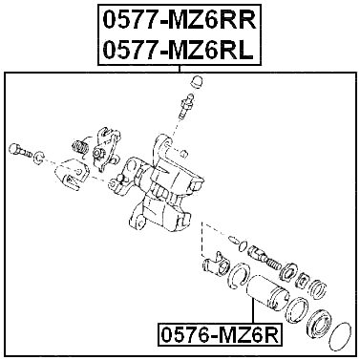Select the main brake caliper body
coord(167,186)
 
